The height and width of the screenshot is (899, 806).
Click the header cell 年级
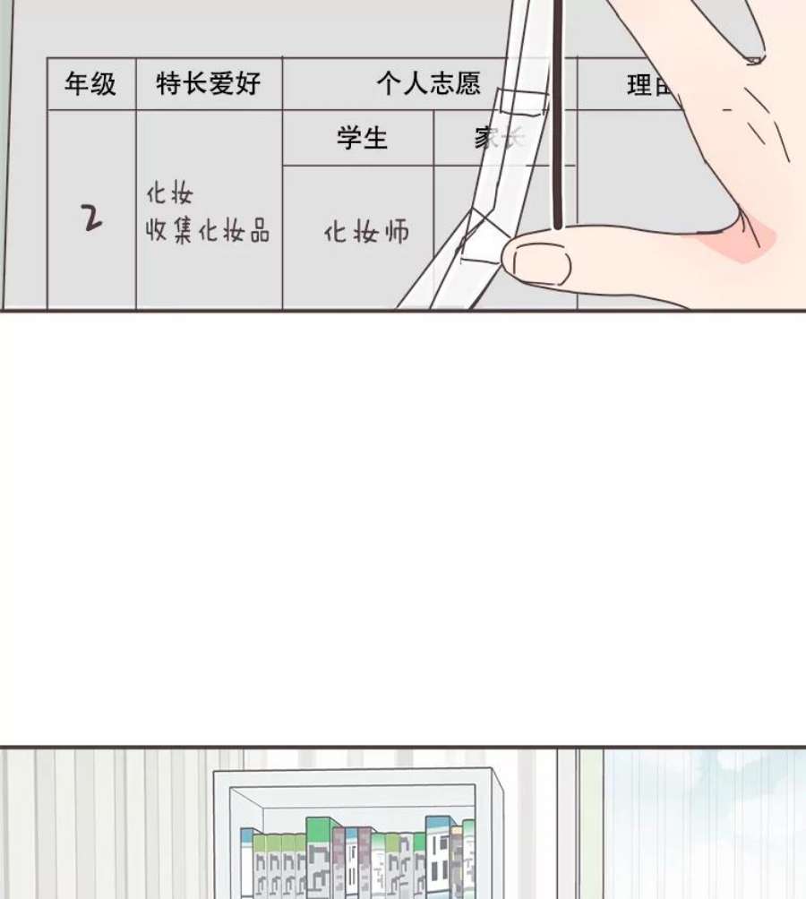click(x=90, y=84)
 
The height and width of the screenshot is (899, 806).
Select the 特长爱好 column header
click(x=209, y=84)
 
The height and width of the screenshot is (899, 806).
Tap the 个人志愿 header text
click(x=428, y=84)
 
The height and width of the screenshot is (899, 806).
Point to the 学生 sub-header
click(x=362, y=138)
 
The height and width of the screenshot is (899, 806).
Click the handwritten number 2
click(x=91, y=217)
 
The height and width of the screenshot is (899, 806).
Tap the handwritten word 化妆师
click(x=366, y=233)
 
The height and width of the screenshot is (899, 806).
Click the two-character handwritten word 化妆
click(x=169, y=194)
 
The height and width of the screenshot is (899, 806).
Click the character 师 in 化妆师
click(x=395, y=233)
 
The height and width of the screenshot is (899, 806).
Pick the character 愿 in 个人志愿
click(x=467, y=84)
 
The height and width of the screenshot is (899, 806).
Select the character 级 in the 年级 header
click(x=104, y=84)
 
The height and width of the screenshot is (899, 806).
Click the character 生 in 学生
click(x=375, y=138)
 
